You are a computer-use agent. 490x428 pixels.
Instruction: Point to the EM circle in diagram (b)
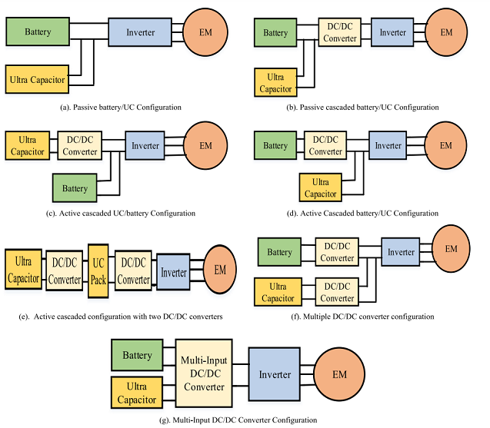point(446,33)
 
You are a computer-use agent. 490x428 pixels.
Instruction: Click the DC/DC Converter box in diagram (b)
point(338,34)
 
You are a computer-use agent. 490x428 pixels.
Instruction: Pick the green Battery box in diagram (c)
point(76,188)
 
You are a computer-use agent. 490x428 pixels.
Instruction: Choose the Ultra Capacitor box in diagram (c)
point(28,144)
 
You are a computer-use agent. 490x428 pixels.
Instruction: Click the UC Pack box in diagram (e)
point(98,269)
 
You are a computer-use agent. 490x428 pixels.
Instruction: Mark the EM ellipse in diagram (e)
point(220,270)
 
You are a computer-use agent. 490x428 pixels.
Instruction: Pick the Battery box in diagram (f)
point(279,251)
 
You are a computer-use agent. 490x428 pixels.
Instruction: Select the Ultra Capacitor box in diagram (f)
point(278,292)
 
